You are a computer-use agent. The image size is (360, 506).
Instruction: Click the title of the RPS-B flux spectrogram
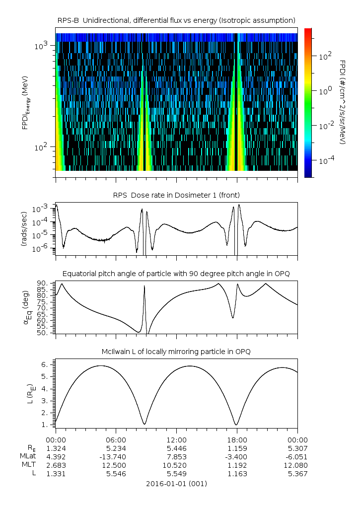[x=176, y=20]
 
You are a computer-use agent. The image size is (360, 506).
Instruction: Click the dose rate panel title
[x=176, y=194]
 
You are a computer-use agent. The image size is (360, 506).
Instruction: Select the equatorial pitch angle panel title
[x=176, y=274]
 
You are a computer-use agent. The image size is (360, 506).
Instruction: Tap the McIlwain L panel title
[x=176, y=352]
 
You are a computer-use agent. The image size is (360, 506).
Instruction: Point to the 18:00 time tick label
[x=237, y=440]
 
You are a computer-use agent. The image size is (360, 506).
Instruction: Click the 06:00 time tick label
[x=116, y=440]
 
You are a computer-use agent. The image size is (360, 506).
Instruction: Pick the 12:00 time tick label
[x=176, y=440]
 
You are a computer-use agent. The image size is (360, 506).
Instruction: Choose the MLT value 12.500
[x=116, y=465]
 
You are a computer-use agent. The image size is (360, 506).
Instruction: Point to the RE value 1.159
[x=237, y=448]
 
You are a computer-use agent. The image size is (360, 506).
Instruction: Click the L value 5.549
[x=176, y=474]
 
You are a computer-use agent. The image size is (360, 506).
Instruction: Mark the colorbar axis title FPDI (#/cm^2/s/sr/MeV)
[x=343, y=102]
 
